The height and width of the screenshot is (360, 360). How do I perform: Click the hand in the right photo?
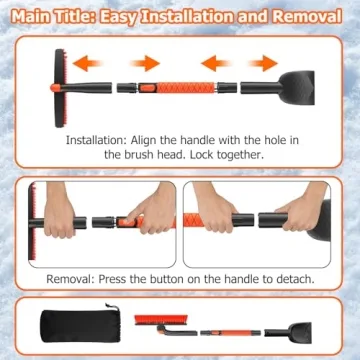(x=291, y=216)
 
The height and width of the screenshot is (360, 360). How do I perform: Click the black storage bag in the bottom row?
(x=70, y=325)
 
